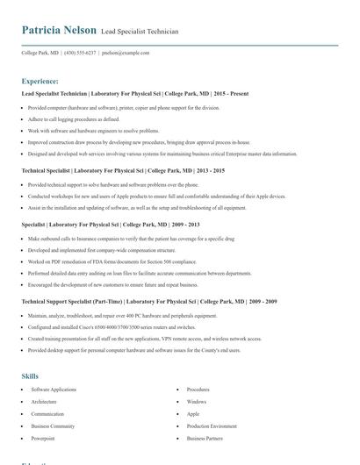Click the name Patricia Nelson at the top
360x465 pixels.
(x=59, y=30)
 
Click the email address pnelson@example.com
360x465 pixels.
(x=126, y=53)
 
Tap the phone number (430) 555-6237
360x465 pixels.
(x=82, y=53)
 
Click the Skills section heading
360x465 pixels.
(x=30, y=376)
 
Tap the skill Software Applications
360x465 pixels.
(x=54, y=389)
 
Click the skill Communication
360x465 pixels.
(x=47, y=413)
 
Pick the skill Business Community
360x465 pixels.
(x=53, y=426)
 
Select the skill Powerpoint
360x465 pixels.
(x=43, y=438)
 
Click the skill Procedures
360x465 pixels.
(x=198, y=389)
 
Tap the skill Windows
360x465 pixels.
(x=196, y=401)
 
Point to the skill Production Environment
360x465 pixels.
(x=212, y=426)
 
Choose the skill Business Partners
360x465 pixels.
(x=205, y=438)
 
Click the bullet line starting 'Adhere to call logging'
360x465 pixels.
(x=74, y=118)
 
